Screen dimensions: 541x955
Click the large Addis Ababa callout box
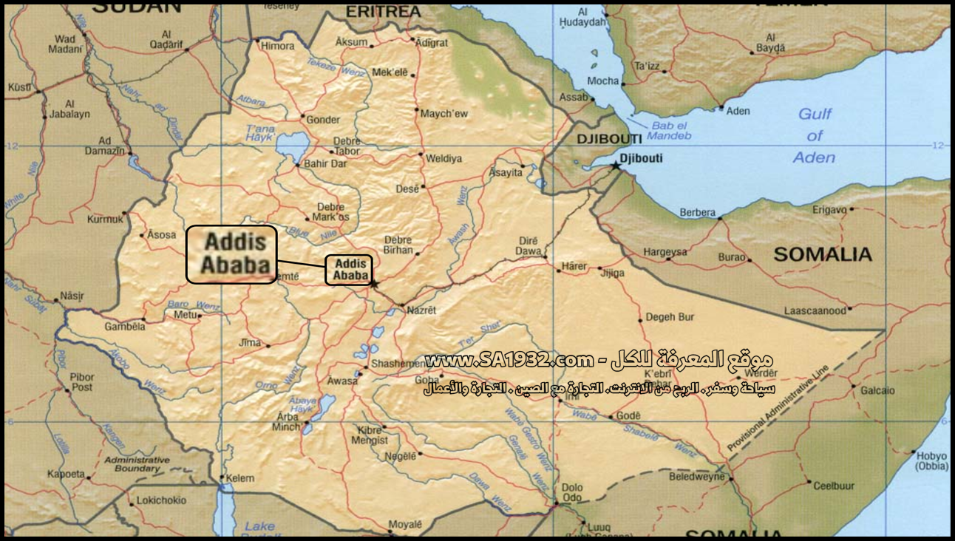click(231, 254)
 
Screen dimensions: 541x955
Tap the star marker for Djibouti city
click(616, 166)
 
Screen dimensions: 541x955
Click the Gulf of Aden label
click(815, 135)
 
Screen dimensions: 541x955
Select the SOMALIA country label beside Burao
click(823, 255)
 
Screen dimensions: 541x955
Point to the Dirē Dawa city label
click(529, 246)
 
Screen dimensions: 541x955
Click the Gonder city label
click(323, 120)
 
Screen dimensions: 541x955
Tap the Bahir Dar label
click(325, 164)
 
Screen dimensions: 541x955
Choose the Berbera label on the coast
click(697, 213)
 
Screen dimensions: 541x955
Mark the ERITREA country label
click(384, 12)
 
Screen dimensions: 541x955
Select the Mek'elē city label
click(390, 72)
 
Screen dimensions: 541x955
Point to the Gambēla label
click(123, 326)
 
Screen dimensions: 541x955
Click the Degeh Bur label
click(670, 317)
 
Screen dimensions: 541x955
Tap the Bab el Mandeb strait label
click(670, 131)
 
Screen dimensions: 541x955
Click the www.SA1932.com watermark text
click(510, 361)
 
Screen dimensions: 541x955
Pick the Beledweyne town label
click(698, 477)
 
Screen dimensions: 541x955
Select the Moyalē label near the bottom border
click(405, 525)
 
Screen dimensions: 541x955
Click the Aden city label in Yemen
click(738, 111)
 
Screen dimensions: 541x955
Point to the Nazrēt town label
click(421, 310)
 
